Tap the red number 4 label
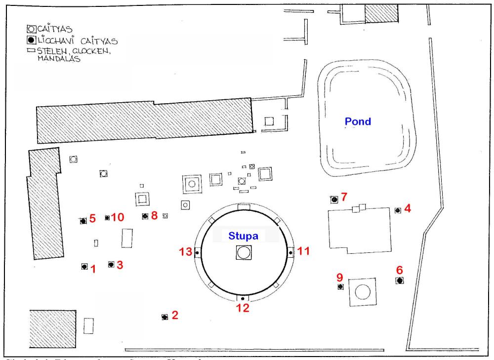tap(407, 208)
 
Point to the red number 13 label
tap(186, 252)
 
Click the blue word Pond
tap(358, 121)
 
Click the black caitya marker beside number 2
tap(165, 317)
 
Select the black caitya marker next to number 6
tap(400, 280)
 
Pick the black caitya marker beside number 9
tap(340, 287)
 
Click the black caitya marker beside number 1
tap(84, 267)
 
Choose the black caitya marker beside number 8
tap(145, 216)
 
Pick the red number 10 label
tap(117, 217)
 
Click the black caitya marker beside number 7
tap(334, 200)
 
